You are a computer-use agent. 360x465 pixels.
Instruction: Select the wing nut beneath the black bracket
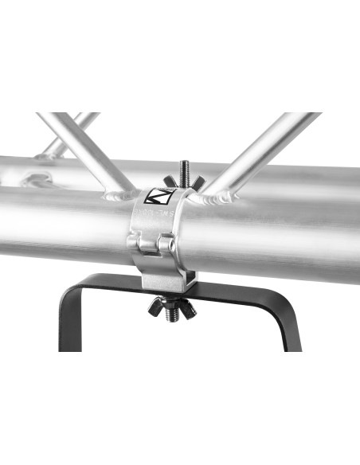point(169,306)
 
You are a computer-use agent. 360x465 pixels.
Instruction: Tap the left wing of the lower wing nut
point(154,303)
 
